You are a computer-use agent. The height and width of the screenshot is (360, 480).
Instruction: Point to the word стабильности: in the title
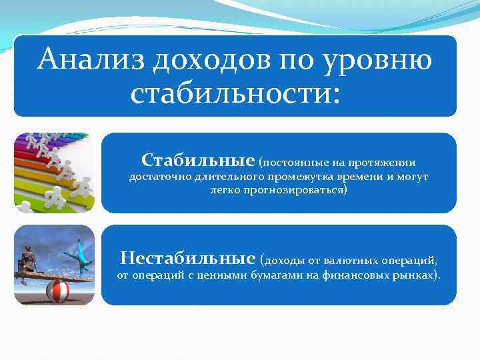point(235,93)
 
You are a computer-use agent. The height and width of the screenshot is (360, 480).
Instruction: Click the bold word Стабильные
point(198,161)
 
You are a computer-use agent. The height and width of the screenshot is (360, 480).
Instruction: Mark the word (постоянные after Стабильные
point(291,163)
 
